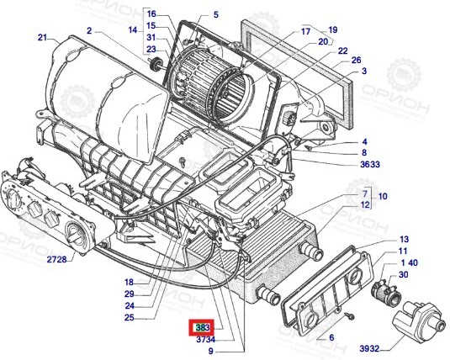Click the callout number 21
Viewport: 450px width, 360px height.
42,37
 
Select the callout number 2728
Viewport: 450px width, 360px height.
56,260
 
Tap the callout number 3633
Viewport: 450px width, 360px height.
370,164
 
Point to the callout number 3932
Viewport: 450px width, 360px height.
369,348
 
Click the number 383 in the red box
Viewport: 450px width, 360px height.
203,327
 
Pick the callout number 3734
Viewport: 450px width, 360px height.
205,339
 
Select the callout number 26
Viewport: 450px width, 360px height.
356,60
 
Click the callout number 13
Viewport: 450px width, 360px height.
404,239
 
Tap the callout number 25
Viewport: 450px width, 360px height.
130,317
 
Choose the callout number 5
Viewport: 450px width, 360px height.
216,14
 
